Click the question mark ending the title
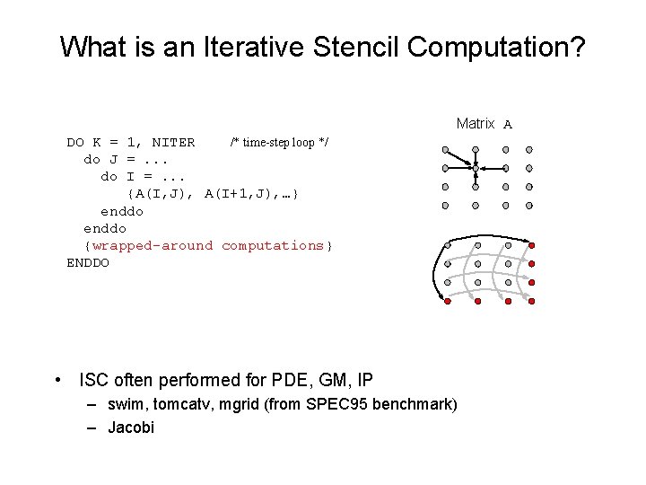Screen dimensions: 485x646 point(575,48)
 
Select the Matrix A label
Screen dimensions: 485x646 point(484,124)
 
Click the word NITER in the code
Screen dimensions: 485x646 point(173,142)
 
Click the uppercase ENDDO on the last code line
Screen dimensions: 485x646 point(88,262)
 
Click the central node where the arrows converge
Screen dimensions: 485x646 point(476,168)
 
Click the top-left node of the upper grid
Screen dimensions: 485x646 point(445,150)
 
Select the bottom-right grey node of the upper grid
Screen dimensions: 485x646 point(529,205)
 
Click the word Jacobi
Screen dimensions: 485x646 point(131,428)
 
